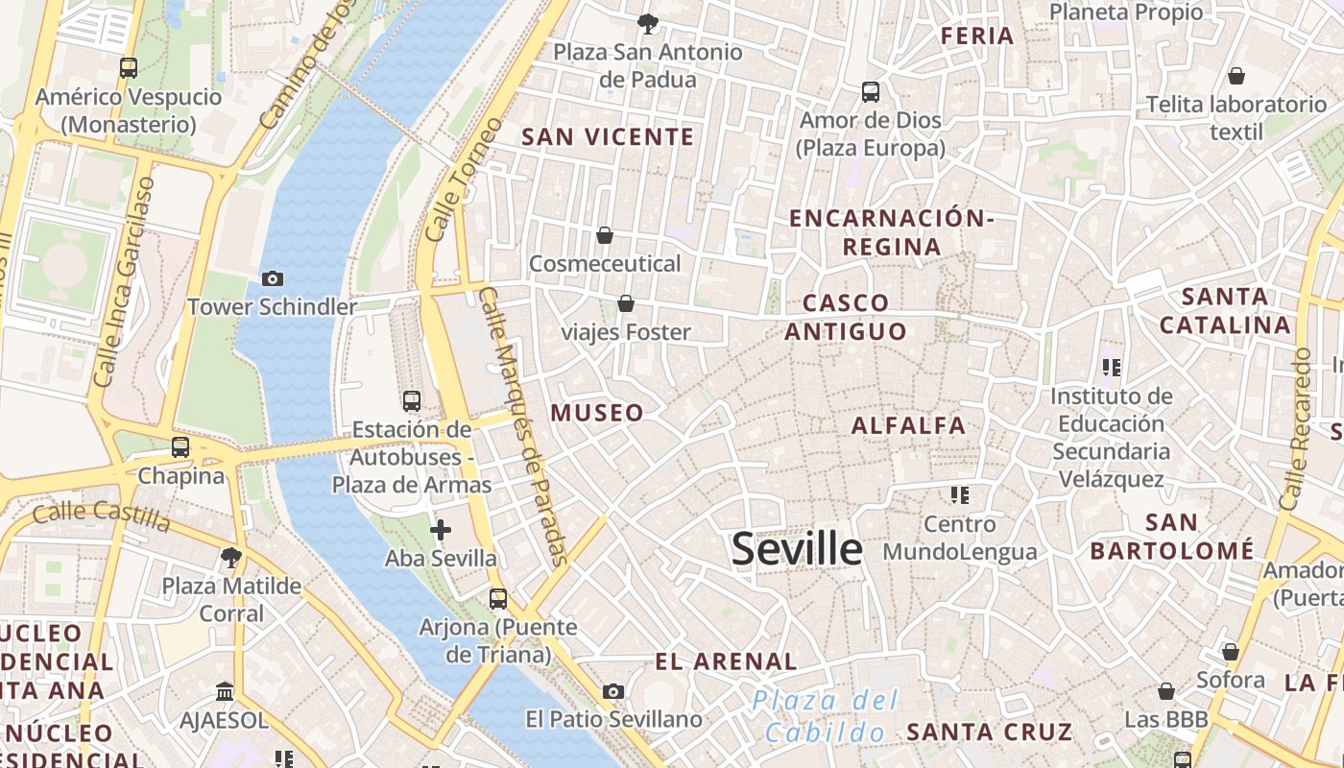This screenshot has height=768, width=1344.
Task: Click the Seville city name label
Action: [797, 549]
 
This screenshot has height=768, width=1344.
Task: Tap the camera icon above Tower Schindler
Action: [273, 278]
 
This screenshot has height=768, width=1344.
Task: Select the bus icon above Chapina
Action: [180, 446]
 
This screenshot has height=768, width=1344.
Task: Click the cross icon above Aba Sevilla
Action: [441, 529]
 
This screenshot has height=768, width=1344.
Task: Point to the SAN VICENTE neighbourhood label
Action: [608, 137]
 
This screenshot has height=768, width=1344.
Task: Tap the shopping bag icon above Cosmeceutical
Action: [605, 235]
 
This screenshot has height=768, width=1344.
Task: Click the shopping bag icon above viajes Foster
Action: [626, 303]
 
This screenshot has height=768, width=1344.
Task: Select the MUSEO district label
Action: [597, 413]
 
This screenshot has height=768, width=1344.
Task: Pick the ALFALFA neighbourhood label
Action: [908, 425]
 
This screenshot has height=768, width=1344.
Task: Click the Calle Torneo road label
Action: [450, 180]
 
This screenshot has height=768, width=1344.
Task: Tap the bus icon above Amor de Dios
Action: [871, 92]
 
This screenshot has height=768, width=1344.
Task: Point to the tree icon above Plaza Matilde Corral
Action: [230, 557]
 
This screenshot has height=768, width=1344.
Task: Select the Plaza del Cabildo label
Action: [826, 716]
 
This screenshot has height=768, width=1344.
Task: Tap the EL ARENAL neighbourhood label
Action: [726, 661]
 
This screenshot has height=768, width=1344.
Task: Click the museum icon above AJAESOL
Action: [225, 691]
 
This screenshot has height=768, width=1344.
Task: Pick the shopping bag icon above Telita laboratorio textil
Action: [1236, 75]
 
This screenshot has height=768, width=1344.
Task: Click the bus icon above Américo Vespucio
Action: [129, 68]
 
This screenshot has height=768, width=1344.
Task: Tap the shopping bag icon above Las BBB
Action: [1166, 691]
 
